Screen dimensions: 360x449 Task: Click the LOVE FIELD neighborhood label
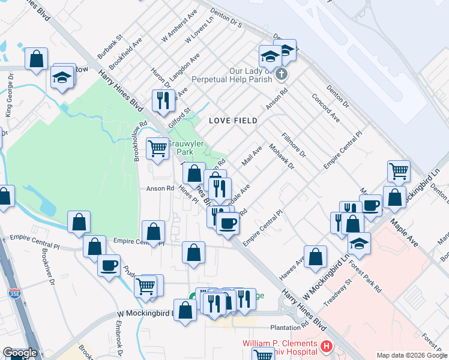pyautogui.click(x=233, y=121)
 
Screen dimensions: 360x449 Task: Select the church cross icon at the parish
pyautogui.click(x=281, y=75)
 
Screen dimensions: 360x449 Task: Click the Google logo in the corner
pyautogui.click(x=19, y=353)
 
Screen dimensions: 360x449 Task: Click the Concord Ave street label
pyautogui.click(x=325, y=108)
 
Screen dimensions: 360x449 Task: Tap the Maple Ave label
pyautogui.click(x=403, y=228)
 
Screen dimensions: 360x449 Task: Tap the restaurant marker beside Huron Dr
pyautogui.click(x=162, y=101)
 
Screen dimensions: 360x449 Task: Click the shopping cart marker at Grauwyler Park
pyautogui.click(x=158, y=148)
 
